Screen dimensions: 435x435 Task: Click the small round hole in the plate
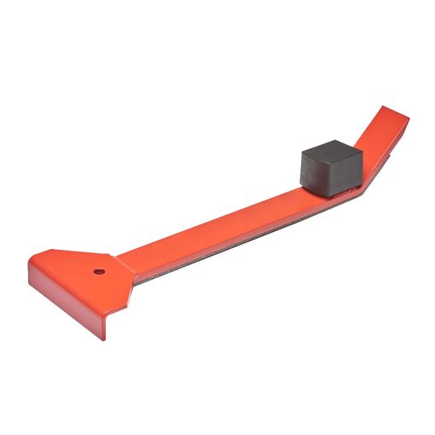coord(99,272)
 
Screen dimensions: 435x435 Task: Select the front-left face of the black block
coord(317,173)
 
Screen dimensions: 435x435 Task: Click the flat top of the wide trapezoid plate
coord(77,269)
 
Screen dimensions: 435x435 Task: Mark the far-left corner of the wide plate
coord(28,264)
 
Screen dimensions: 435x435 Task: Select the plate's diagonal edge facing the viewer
coord(119,294)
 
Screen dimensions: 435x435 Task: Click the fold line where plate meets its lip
coord(68,288)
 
